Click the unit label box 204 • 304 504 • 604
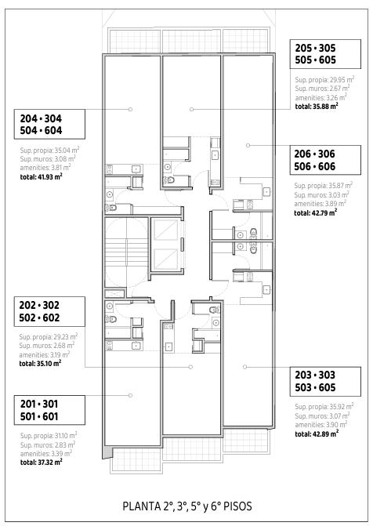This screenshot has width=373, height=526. click(49, 124)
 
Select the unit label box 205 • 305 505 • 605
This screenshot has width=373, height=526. click(325, 54)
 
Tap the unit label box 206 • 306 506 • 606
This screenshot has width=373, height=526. click(325, 160)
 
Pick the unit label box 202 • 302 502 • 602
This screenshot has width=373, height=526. click(49, 311)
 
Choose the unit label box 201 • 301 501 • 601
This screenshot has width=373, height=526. click(49, 410)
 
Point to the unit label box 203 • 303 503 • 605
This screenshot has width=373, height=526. click(325, 382)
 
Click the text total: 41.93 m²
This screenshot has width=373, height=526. click(42, 176)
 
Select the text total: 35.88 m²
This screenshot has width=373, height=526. click(317, 107)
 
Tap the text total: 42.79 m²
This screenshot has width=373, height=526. click(316, 212)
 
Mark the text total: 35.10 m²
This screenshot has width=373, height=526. click(40, 363)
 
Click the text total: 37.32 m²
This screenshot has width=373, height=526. click(42, 463)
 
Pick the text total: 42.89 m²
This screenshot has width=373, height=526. click(317, 433)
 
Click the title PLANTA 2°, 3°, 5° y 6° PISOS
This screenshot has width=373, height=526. click(187, 506)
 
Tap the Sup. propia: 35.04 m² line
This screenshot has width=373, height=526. click(49, 150)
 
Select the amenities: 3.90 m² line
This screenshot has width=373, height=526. click(321, 425)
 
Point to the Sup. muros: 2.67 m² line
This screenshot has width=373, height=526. click(323, 89)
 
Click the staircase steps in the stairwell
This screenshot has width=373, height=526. click(126, 252)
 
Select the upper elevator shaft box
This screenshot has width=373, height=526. click(166, 230)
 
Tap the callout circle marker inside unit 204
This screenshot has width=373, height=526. click(131, 110)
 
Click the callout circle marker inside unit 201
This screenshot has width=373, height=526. click(131, 396)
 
